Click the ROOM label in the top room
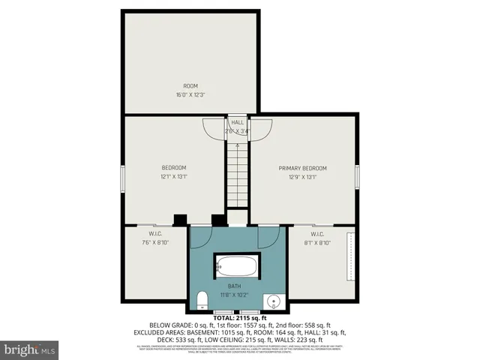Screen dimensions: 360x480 point(191,85)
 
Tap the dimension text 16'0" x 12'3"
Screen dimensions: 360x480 point(191,95)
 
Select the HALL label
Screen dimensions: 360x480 point(237,122)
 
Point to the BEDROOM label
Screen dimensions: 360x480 point(174,167)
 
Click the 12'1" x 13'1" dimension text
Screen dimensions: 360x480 point(174,177)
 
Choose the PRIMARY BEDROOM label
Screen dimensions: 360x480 point(303,168)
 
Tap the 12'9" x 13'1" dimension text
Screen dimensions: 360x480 point(303,177)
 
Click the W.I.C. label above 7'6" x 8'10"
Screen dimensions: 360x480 point(156,233)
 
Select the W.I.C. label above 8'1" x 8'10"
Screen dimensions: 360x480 point(316,233)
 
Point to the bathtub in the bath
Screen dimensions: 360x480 point(237,266)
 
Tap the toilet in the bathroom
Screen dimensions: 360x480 point(201,301)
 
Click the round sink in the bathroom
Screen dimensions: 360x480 point(274,301)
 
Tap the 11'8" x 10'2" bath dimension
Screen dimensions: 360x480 point(235,295)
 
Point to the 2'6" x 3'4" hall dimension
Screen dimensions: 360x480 point(237,131)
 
